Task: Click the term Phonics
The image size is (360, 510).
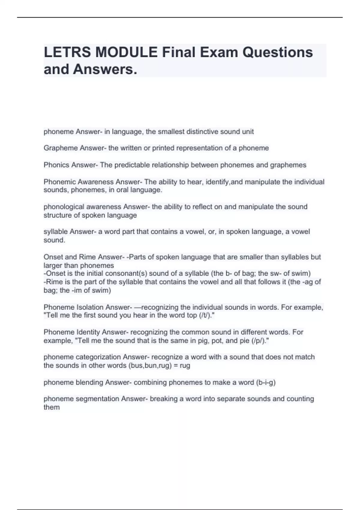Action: (x=56, y=165)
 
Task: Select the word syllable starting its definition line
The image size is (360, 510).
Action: (x=55, y=232)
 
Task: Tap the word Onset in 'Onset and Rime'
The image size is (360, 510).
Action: (x=53, y=257)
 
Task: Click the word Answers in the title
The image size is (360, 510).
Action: (x=105, y=69)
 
